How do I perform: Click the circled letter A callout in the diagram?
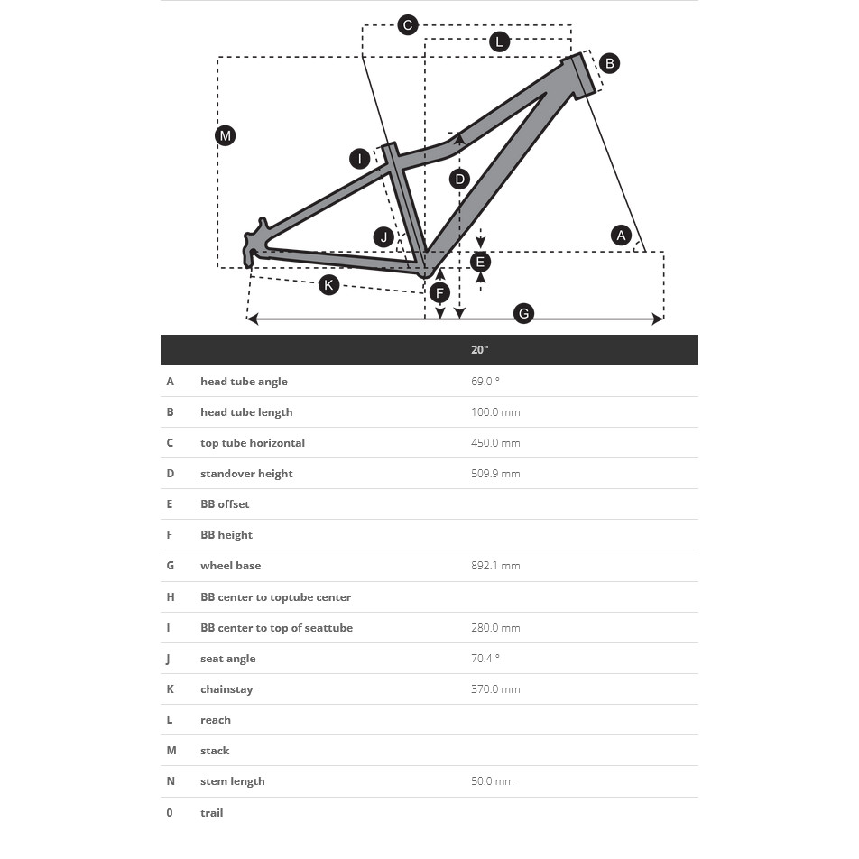621,236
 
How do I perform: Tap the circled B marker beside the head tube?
609,63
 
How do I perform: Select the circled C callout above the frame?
408,25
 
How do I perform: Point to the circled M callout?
226,136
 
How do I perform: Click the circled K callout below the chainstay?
329,285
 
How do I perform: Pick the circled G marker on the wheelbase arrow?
523,314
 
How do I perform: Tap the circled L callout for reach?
499,42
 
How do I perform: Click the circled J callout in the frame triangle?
384,237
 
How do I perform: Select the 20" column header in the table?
480,350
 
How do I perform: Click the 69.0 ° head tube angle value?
485,382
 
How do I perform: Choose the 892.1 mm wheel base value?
495,566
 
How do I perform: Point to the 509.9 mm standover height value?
495,474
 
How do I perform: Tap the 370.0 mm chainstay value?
495,689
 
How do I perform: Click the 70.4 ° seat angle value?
485,659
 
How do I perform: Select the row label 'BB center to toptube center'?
275,597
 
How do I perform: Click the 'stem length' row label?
233,781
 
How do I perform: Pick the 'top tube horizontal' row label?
253,443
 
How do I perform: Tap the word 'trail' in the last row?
212,813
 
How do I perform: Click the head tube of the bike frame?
584,76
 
